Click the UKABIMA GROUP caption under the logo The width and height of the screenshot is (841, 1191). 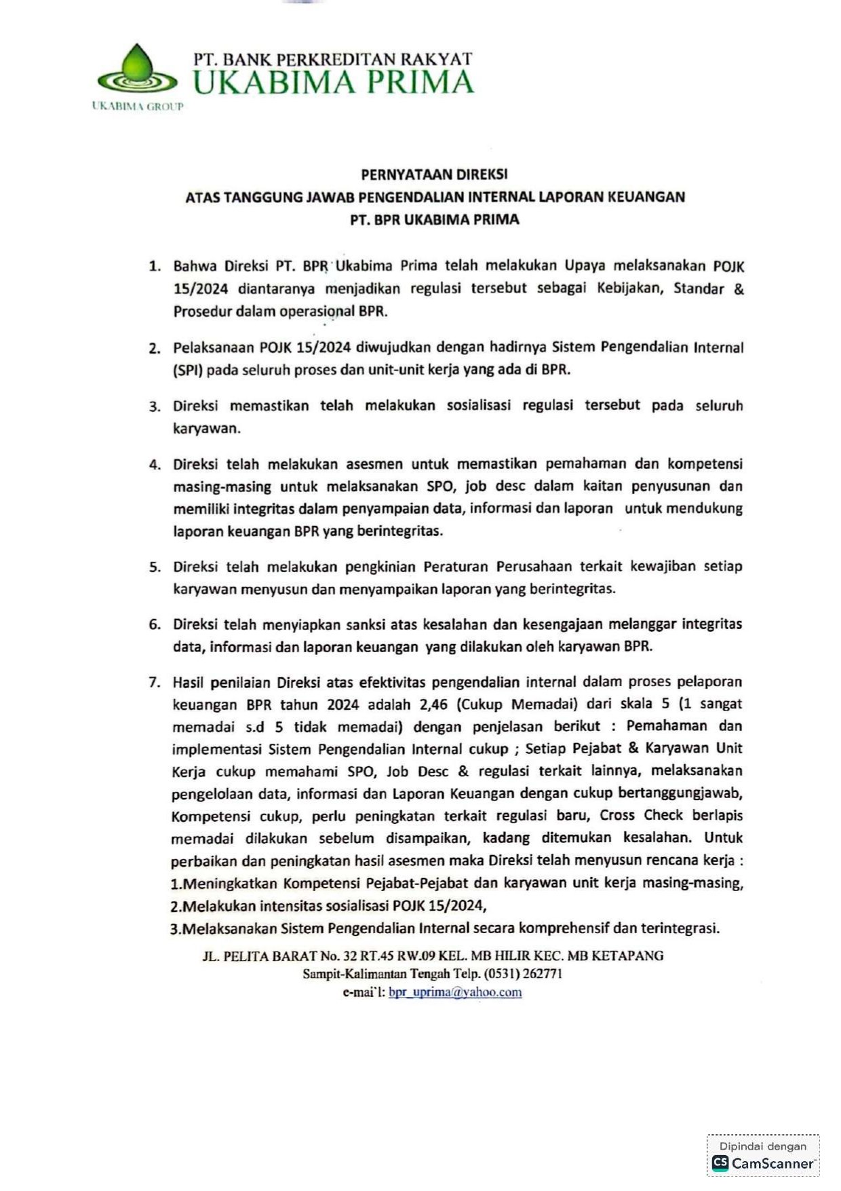[138, 107]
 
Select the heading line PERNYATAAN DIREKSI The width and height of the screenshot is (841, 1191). [434, 174]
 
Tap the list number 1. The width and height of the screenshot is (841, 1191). [155, 266]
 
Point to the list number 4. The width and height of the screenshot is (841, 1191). [155, 465]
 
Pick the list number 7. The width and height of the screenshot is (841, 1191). [155, 682]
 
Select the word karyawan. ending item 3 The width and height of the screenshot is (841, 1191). [206, 429]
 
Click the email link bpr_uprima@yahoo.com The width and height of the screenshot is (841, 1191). [455, 992]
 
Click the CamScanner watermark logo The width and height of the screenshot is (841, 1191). [763, 1163]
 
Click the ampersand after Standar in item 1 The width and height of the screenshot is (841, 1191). [739, 288]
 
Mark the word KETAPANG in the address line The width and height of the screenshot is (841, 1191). [627, 956]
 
